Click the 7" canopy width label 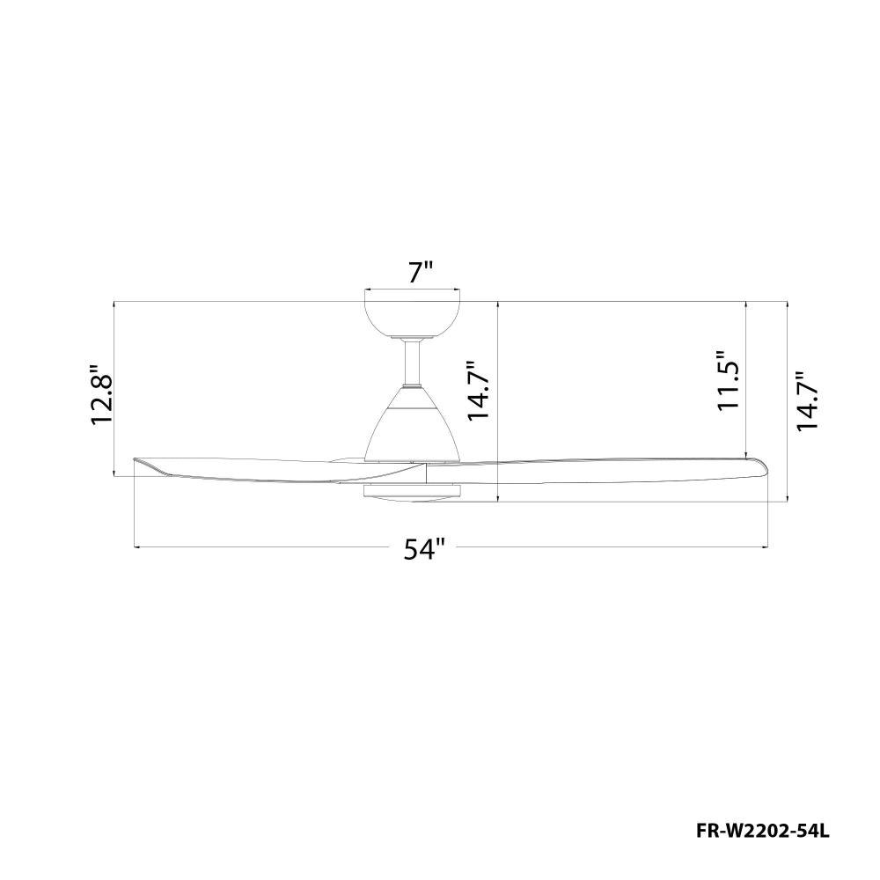(x=421, y=273)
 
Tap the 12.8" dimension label (x=103, y=395)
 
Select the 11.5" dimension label (x=730, y=382)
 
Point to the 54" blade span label (x=424, y=549)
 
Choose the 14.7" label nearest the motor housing (x=480, y=391)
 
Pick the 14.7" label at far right (x=808, y=400)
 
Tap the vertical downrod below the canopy (x=413, y=363)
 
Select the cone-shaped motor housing (x=413, y=424)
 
